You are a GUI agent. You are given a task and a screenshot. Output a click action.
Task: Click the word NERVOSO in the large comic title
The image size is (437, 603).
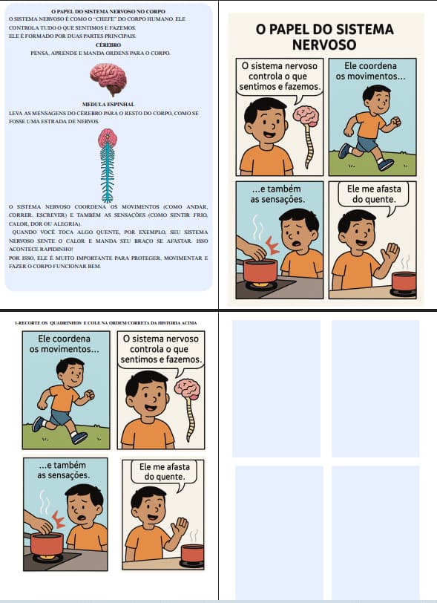pos(324,45)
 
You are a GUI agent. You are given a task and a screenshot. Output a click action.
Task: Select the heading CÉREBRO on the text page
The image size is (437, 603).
pos(108,45)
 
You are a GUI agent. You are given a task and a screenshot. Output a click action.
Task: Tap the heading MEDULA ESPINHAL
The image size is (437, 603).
pos(108,105)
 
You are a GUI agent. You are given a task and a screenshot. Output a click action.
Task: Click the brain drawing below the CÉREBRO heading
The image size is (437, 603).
pos(108,76)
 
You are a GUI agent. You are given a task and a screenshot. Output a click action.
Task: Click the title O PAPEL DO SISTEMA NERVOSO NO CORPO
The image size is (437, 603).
pos(108,10)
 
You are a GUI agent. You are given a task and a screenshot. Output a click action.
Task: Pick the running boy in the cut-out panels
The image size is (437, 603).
pos(63,401)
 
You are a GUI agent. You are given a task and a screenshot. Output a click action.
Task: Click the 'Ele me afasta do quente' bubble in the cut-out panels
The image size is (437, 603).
pos(165,472)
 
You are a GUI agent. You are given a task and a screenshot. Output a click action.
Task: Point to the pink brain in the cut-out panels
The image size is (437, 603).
pos(187,390)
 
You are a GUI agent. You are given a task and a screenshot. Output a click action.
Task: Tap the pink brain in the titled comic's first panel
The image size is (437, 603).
pos(306,115)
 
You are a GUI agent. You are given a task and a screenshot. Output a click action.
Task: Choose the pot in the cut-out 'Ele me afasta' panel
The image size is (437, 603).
pos(192,553)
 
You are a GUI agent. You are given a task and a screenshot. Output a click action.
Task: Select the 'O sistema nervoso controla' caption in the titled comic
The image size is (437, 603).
pos(280,76)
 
